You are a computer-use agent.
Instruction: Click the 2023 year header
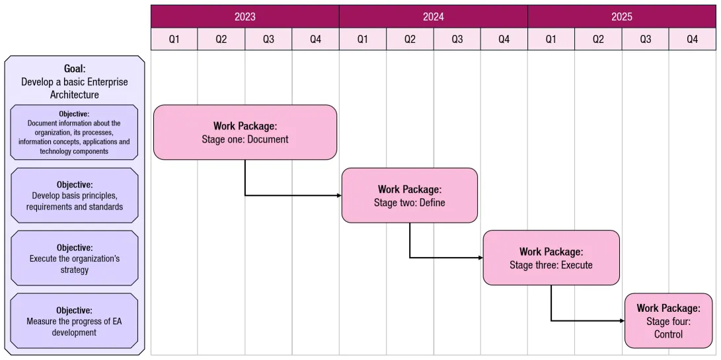[245, 17]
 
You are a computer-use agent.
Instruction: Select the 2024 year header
[433, 17]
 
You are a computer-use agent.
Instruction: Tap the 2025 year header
[621, 17]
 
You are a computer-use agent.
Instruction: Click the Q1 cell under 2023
[174, 40]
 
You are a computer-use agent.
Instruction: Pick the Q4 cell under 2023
[315, 40]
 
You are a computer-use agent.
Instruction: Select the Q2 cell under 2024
[410, 40]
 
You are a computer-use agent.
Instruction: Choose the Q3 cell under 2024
[457, 40]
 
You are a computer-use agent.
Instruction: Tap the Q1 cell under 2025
[550, 40]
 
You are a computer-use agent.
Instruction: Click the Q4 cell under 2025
[692, 40]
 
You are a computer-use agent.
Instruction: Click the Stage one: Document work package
[245, 132]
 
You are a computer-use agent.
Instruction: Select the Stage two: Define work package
[409, 196]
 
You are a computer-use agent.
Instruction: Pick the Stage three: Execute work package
[551, 258]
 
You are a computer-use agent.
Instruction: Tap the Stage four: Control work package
[668, 320]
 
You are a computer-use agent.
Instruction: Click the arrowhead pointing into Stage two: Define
[338, 196]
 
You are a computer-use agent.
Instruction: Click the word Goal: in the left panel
[75, 68]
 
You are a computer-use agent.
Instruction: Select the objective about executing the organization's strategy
[75, 258]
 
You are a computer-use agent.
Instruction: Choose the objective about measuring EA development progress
[75, 321]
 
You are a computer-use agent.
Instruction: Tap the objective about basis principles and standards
[75, 196]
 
